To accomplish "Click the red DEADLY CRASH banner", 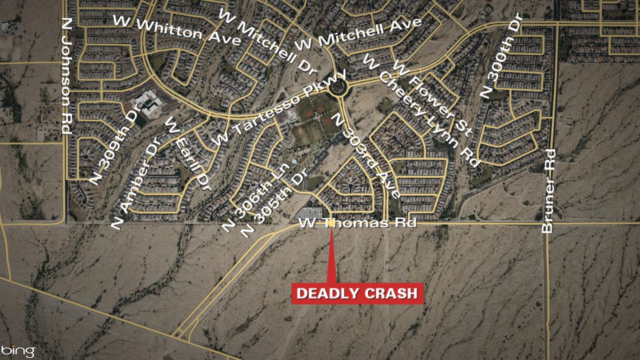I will tap(357, 293).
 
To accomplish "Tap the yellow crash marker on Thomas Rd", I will tap(331, 223).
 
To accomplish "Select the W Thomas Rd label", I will tap(357, 223).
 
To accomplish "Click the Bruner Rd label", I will tap(548, 190).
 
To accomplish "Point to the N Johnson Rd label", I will tap(65, 75).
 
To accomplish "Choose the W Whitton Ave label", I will tap(177, 30).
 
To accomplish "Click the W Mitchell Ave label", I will tap(358, 33).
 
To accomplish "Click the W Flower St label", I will tap(433, 97).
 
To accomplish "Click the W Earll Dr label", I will tap(188, 153).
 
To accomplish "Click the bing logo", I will tap(18, 350).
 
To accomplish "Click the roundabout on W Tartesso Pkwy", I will tap(338, 89).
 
